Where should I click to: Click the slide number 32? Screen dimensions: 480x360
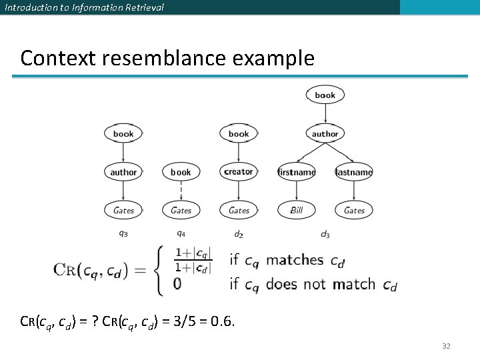click(447, 346)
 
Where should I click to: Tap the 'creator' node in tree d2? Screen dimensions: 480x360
click(239, 172)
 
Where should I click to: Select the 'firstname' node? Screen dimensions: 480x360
click(297, 172)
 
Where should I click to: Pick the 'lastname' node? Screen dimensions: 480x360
click(354, 172)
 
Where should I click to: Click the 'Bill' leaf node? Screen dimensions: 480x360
click(297, 210)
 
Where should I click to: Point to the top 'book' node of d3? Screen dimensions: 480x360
click(325, 95)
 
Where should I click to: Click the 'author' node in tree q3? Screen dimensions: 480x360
click(123, 172)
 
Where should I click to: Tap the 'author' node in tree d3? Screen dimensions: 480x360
click(325, 134)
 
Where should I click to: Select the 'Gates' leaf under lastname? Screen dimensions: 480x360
click(354, 210)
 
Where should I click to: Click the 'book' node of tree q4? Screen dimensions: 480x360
click(181, 172)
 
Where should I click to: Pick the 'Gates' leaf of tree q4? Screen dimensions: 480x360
click(181, 210)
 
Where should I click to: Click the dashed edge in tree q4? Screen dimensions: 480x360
click(181, 191)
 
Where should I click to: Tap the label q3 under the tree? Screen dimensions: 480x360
click(123, 233)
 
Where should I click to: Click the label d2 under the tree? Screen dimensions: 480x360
click(239, 233)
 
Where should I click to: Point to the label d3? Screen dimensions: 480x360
click(325, 233)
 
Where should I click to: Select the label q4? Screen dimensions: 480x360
click(181, 233)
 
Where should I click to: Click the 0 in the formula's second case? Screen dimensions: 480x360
click(177, 284)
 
